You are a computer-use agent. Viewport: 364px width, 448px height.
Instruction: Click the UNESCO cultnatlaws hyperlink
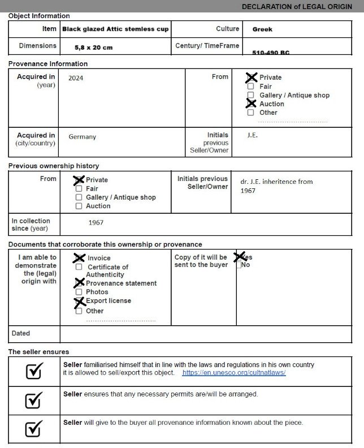pos(233,373)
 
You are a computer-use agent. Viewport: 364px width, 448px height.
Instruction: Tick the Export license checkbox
pos(79,301)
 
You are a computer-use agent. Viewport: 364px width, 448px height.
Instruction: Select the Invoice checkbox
pos(79,258)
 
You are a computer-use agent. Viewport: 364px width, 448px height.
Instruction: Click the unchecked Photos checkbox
pos(79,292)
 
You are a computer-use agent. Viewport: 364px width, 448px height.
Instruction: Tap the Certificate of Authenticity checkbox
pos(79,267)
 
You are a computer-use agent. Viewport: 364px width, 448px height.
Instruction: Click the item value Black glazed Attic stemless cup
pos(115,29)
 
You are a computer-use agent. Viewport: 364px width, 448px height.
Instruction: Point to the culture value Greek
pos(262,29)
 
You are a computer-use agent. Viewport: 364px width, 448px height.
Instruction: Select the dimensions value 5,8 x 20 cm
pos(93,48)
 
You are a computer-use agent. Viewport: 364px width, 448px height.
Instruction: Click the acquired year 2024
pos(76,78)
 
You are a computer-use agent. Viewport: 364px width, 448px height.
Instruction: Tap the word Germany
pos(83,137)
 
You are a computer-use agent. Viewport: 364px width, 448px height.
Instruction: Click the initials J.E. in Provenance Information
pos(253,136)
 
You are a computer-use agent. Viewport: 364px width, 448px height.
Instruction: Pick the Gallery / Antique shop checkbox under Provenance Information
pos(250,95)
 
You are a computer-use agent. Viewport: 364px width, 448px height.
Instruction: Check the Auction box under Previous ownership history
pos(79,206)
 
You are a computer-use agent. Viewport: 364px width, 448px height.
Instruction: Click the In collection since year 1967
pos(96,223)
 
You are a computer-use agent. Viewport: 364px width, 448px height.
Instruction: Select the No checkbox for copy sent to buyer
pos(240,265)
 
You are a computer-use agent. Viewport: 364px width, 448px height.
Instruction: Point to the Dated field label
pos(21,334)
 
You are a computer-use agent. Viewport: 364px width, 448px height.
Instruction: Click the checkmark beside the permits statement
pos(34,400)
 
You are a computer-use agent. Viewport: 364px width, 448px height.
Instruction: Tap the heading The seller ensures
pos(38,352)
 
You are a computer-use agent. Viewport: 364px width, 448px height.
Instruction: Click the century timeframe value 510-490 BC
pos(271,53)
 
